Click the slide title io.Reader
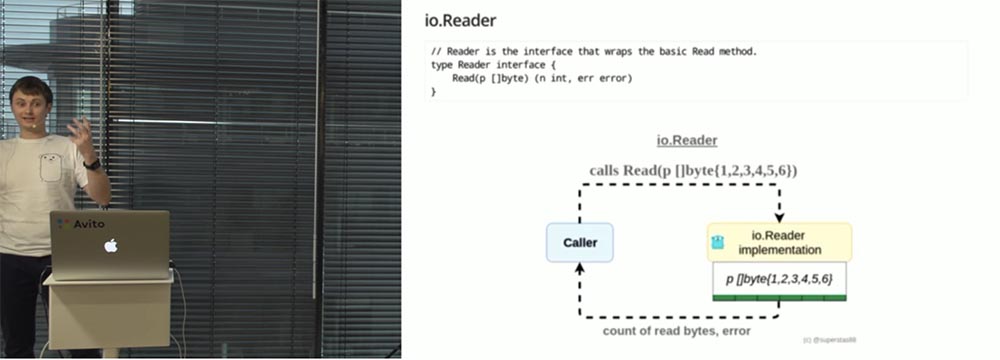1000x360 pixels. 461,20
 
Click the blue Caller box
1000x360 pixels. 579,243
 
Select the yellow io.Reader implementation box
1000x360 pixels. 781,242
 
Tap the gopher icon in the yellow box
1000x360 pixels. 717,242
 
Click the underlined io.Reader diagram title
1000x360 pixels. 687,141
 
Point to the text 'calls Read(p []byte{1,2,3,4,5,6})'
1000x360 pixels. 693,170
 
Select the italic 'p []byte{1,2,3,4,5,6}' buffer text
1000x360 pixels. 779,277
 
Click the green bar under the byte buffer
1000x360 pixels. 779,297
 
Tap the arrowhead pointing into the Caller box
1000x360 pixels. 579,268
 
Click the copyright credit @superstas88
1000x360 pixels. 829,340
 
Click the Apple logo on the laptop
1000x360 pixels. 111,245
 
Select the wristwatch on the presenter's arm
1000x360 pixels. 92,163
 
